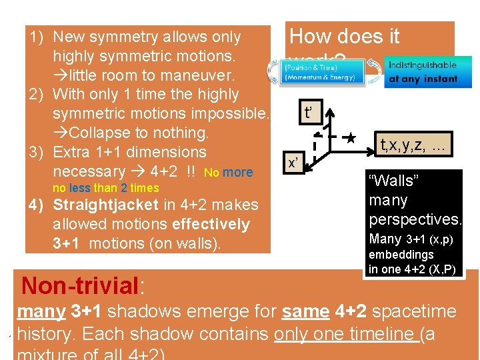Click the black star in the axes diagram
[351, 139]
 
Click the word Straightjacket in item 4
[105, 205]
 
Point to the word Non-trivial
[79, 285]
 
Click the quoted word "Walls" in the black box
[392, 181]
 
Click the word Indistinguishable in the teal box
[423, 65]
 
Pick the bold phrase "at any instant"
[423, 78]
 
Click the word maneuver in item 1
[195, 75]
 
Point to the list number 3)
[36, 152]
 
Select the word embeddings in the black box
[401, 255]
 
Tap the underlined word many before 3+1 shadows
[41, 311]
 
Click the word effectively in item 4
[209, 225]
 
